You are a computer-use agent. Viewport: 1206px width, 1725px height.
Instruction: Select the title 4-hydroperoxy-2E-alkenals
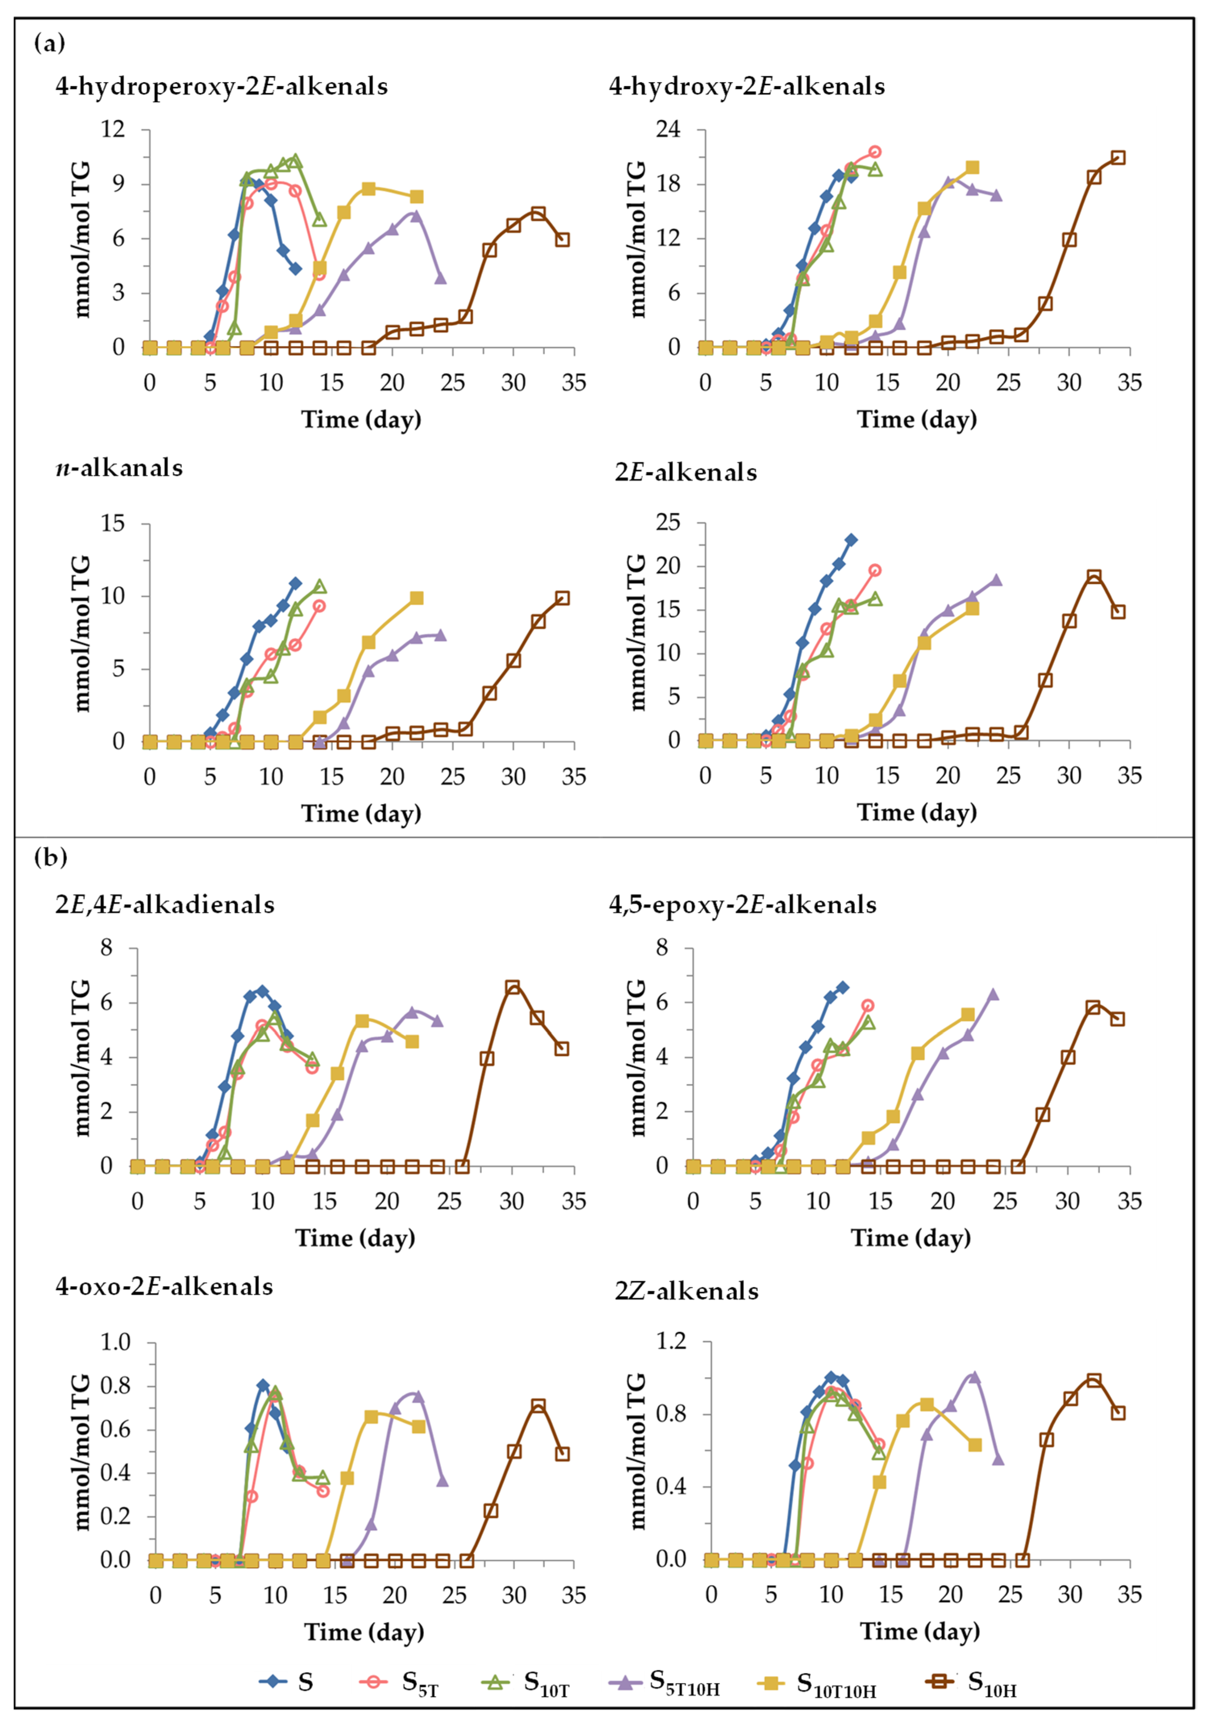(x=222, y=86)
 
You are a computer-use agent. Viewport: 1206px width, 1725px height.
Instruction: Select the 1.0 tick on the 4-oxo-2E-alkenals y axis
(x=116, y=1342)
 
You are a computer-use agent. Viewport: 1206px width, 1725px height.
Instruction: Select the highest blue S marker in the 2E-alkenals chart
(x=851, y=539)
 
